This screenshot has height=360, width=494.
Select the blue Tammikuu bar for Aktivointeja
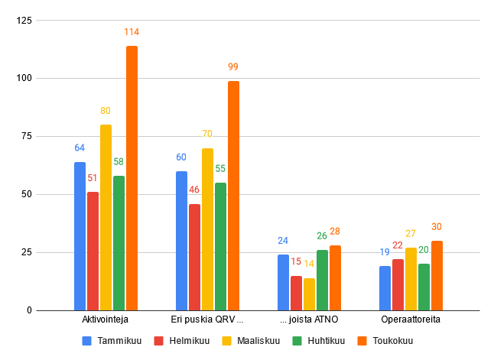(x=80, y=236)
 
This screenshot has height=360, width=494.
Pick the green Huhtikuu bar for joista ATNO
(x=322, y=280)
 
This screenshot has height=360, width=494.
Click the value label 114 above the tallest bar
(x=132, y=32)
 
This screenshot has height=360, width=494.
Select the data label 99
(x=233, y=67)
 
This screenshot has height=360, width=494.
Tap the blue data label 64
(x=80, y=148)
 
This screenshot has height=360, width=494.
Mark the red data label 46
(x=194, y=190)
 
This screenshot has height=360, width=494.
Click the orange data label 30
(x=437, y=227)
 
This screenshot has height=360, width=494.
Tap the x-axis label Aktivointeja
(x=106, y=319)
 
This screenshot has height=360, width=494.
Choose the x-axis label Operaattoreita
(x=411, y=319)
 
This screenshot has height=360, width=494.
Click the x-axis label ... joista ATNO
(x=309, y=319)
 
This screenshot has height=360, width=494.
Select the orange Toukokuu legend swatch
(x=362, y=341)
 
